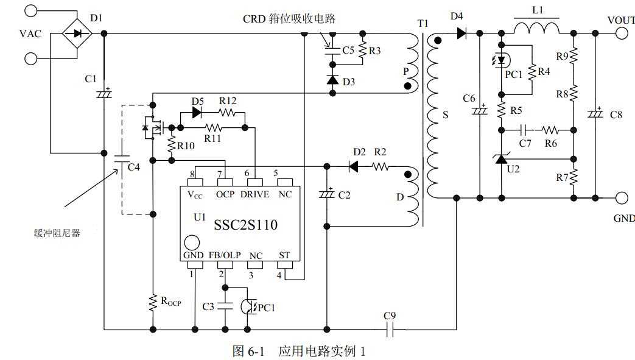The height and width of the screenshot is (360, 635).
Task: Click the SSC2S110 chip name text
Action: click(x=245, y=225)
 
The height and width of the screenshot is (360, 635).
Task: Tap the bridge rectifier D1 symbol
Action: click(x=77, y=34)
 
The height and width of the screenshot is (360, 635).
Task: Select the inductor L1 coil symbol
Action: click(x=536, y=28)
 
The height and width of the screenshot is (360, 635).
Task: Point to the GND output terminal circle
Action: click(x=621, y=197)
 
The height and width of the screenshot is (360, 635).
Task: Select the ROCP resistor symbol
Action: click(x=153, y=302)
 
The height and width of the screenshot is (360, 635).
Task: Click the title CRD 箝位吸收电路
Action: click(x=289, y=19)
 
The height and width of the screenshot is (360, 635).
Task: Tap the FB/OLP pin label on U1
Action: click(x=225, y=255)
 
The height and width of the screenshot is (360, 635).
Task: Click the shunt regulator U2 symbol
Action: click(x=500, y=159)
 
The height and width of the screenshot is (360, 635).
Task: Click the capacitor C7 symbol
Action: click(x=524, y=130)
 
